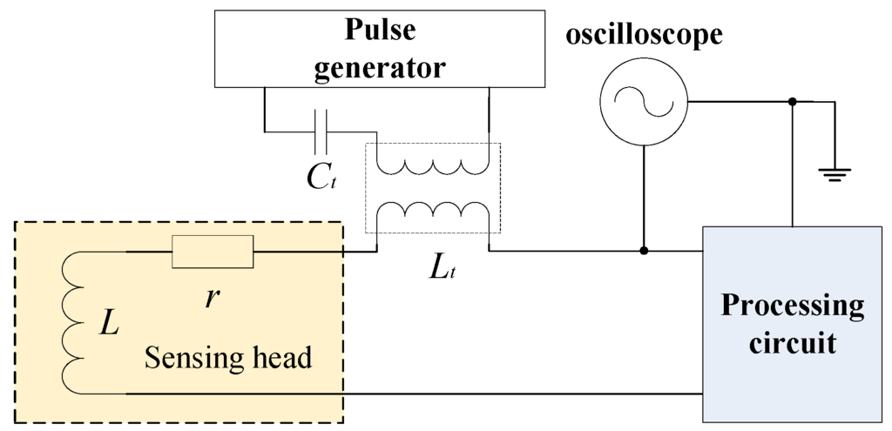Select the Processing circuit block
(x=792, y=324)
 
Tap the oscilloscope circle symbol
(x=643, y=103)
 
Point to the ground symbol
(x=834, y=174)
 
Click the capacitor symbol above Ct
(x=321, y=131)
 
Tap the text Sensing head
(x=227, y=357)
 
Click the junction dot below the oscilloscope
(x=644, y=251)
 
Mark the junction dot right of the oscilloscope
(x=792, y=103)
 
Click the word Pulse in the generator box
(x=380, y=30)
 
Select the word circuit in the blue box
(x=792, y=341)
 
